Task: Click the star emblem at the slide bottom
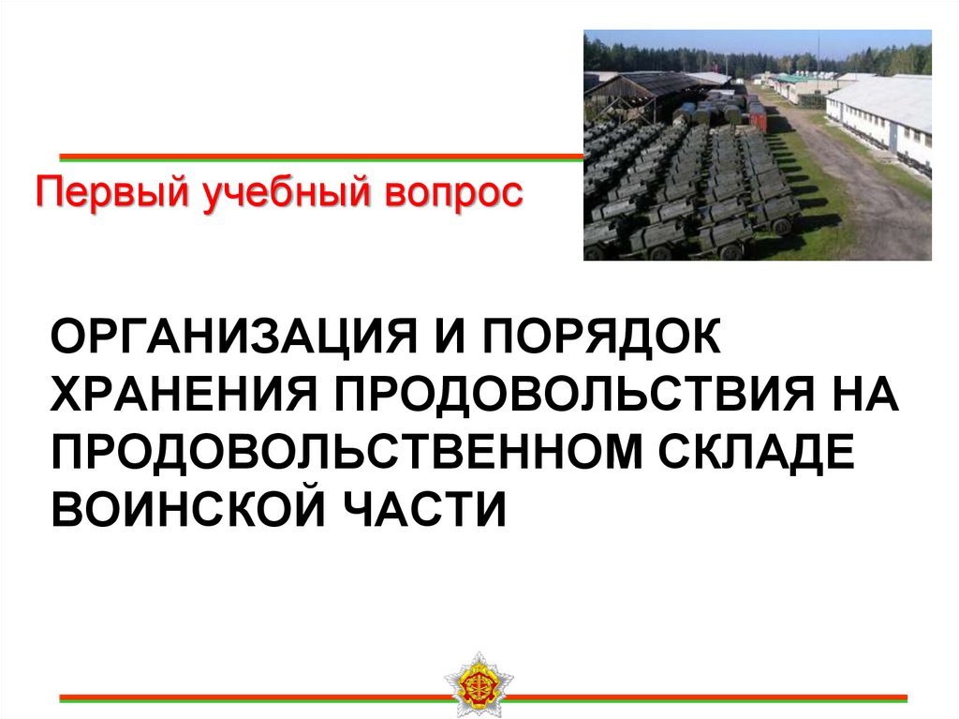click(478, 683)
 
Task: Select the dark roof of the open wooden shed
click(646, 85)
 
